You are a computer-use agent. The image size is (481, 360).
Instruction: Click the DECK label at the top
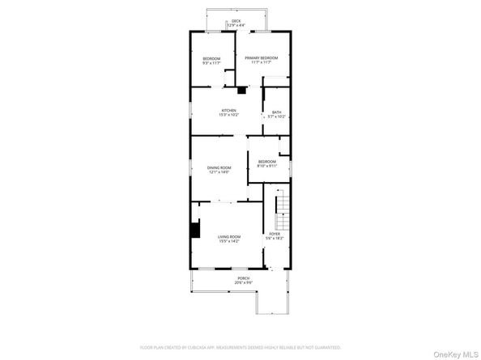[x=236, y=20]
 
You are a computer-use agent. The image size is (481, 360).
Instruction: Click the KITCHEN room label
[x=229, y=112]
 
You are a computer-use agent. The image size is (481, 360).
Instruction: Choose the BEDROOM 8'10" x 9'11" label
[x=267, y=163]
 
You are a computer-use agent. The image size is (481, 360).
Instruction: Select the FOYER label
[x=275, y=235]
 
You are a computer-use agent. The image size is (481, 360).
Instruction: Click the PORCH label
[x=243, y=278]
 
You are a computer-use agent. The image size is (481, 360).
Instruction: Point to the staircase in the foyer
[x=283, y=212]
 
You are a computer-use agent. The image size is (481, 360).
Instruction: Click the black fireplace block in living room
[x=194, y=230]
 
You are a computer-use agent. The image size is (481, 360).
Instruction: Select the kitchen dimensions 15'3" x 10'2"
[x=228, y=115]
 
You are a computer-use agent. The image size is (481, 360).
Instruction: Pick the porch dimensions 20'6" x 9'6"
[x=243, y=283]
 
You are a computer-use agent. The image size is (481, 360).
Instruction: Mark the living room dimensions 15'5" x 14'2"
[x=229, y=241]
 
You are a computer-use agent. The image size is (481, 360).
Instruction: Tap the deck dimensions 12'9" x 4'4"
[x=236, y=25]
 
